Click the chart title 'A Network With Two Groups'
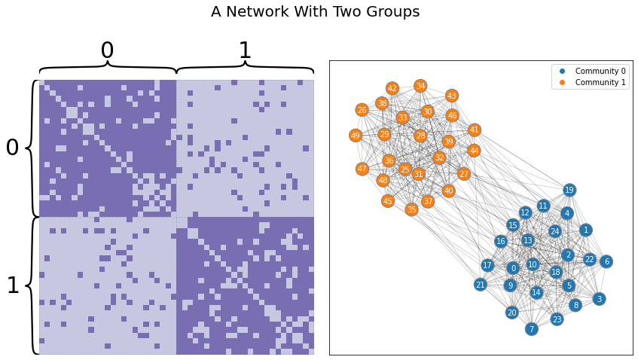pos(315,12)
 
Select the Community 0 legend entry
pos(600,71)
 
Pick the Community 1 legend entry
pos(600,82)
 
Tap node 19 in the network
pos(569,190)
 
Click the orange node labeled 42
pos(392,88)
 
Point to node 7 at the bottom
pos(532,329)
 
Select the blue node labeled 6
pos(606,261)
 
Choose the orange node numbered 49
pos(356,136)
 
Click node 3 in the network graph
pos(599,299)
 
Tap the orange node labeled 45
pos(387,201)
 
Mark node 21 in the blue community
pos(481,285)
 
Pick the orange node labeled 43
pos(452,96)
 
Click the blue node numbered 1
pos(586,230)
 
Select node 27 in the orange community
pos(464,174)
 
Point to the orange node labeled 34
pos(420,86)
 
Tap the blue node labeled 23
pos(557,319)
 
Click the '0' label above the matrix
pos(107,50)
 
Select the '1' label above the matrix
pos(245,50)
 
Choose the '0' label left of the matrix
pos(12,148)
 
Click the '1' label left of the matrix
pos(12,285)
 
